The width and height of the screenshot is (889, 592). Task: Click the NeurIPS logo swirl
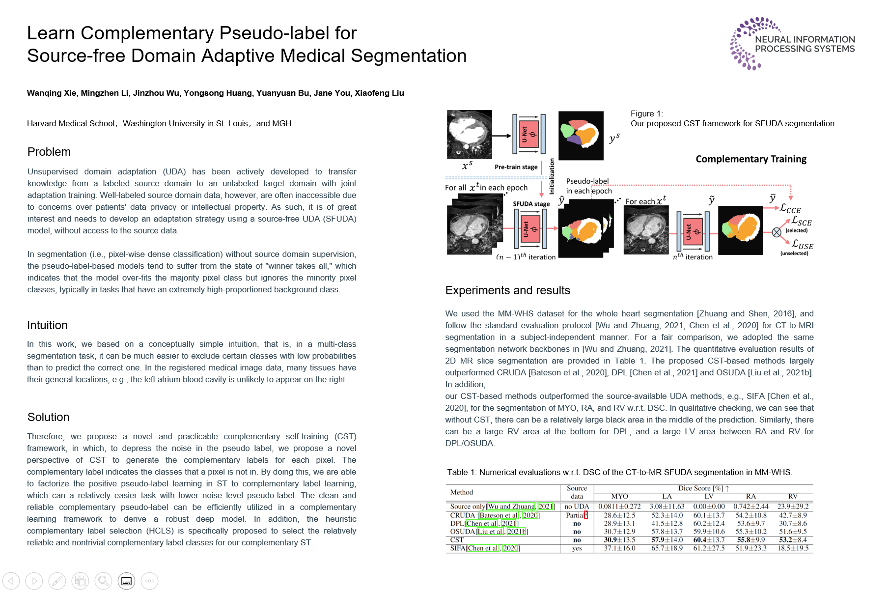click(746, 43)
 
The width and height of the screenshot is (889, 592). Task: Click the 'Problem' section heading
click(49, 152)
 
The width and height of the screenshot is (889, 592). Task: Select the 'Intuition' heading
click(47, 325)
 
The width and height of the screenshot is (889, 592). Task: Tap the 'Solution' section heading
click(48, 417)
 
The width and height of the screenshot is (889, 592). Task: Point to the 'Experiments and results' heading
click(507, 290)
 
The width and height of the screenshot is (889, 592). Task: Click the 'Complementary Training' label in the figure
click(750, 159)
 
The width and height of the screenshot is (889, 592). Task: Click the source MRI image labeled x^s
click(469, 134)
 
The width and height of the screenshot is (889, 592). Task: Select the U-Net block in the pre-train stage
click(528, 134)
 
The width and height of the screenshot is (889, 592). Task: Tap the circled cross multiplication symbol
click(777, 232)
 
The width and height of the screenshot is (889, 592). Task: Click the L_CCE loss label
click(790, 209)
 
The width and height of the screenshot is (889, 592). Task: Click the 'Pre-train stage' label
click(516, 167)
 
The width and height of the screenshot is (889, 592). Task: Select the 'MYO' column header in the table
click(619, 496)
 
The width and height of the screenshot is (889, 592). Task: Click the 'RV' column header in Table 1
click(792, 496)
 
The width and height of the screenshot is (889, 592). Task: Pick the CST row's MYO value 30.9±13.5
click(619, 540)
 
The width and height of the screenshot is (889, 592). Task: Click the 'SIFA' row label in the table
click(458, 548)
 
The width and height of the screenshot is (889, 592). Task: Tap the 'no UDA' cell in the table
click(577, 507)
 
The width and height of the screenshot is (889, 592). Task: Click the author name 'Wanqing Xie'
click(52, 93)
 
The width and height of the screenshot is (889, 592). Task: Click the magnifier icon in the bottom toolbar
click(103, 581)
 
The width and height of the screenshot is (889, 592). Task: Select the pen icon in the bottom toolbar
click(57, 581)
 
